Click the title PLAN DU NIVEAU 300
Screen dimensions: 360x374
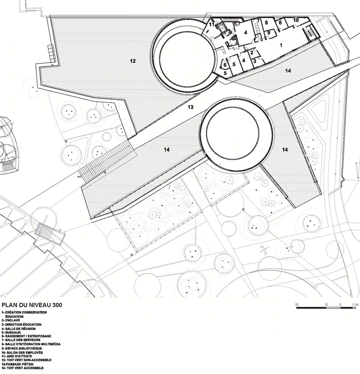point(32,305)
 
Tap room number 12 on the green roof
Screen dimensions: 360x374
point(133,61)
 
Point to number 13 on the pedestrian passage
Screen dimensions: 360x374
point(190,107)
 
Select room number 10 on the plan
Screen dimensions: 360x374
point(296,20)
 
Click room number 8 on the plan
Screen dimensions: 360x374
point(266,22)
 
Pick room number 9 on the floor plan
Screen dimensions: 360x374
point(268,33)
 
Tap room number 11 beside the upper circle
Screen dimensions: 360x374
point(211,25)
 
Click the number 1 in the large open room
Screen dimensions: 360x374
point(281,45)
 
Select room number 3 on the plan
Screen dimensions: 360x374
point(255,61)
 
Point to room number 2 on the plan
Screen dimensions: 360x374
point(252,53)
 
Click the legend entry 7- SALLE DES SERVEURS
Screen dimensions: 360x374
point(21,340)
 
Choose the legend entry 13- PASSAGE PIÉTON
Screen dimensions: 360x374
point(17,364)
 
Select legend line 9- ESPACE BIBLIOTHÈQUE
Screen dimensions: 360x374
point(22,349)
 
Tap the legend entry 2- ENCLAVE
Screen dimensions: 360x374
point(11,320)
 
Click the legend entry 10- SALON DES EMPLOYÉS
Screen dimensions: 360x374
point(22,353)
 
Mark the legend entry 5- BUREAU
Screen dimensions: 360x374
point(11,332)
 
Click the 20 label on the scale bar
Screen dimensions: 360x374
point(297,305)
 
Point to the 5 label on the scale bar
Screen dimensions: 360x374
point(340,305)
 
